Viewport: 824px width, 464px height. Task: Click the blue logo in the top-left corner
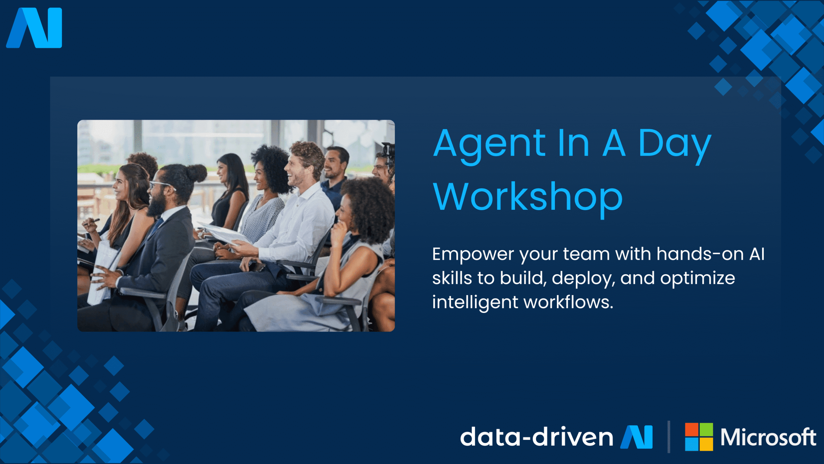pos(34,28)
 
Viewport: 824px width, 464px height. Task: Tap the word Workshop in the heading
pos(528,197)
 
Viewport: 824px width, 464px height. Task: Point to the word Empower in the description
pos(473,255)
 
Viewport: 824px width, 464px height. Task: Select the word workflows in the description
pos(568,302)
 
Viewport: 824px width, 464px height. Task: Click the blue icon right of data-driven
pos(637,437)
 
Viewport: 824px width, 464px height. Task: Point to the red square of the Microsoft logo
pos(691,430)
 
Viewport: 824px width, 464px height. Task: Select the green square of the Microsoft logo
pos(706,430)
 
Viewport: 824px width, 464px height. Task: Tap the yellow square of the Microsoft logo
pos(706,444)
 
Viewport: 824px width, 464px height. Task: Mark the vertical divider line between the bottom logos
pos(669,437)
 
